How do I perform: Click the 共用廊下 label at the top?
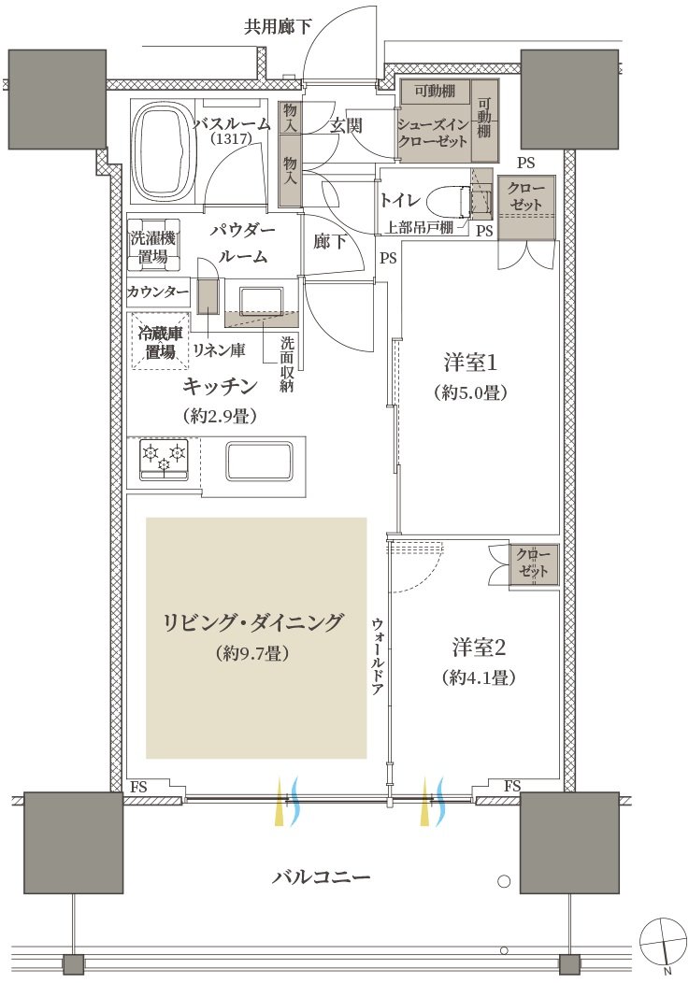278,27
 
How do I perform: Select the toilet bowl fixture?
450,201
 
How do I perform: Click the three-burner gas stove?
164,461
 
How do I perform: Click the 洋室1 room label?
470,363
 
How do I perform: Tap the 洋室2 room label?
479,648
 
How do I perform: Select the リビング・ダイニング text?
253,622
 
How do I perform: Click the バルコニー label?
321,876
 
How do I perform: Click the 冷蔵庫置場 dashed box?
160,342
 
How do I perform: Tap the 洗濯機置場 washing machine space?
153,247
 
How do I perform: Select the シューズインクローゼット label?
432,133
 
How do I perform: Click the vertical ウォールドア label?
378,656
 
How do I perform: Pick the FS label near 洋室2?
512,786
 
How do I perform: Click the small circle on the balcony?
503,881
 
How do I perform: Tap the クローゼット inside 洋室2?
533,564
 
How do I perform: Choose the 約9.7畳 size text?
252,654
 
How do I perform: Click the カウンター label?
157,292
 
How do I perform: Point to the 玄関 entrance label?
347,125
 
